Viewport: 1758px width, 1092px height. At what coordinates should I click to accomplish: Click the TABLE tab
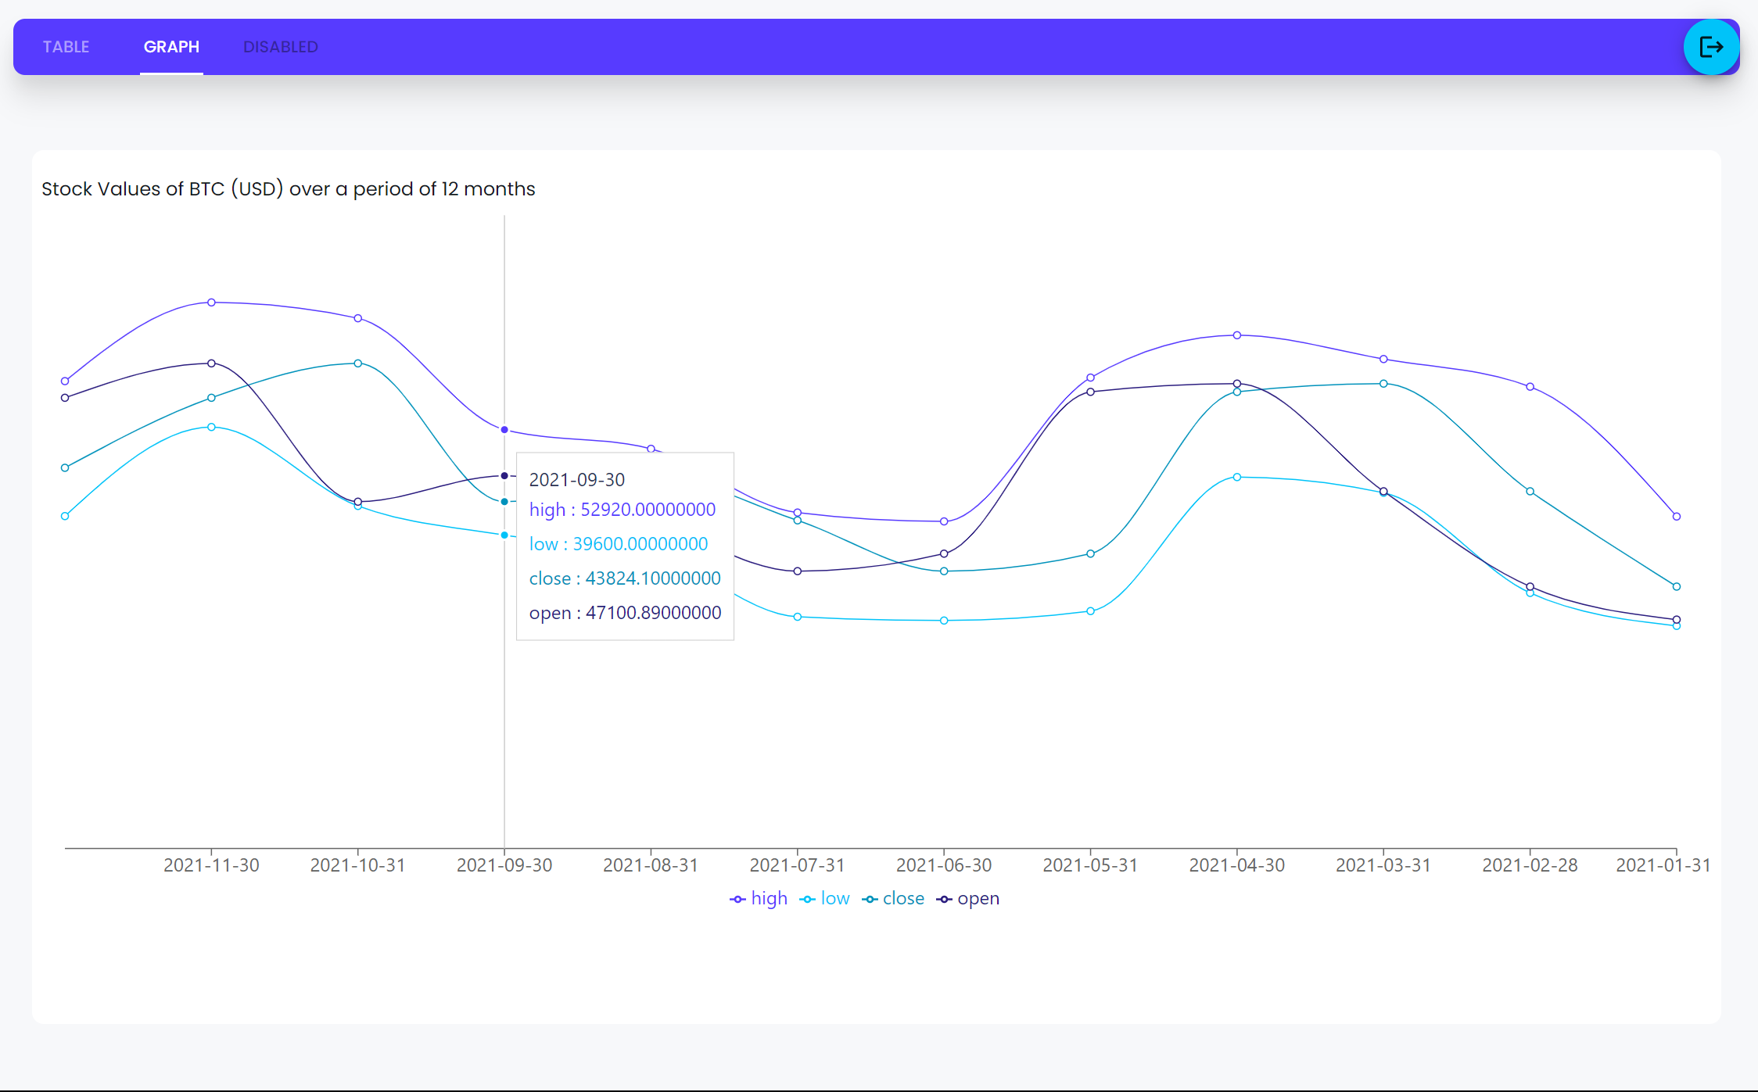click(x=66, y=47)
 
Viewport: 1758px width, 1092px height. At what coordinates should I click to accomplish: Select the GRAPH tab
click(x=171, y=47)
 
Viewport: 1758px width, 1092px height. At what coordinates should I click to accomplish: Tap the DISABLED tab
click(x=280, y=47)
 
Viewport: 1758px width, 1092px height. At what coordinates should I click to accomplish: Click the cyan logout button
click(x=1711, y=47)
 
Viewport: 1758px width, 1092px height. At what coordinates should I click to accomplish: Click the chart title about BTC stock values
click(x=288, y=189)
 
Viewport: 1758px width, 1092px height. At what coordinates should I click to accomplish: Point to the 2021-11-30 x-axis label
click(x=211, y=865)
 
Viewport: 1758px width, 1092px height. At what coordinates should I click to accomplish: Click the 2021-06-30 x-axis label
click(x=943, y=865)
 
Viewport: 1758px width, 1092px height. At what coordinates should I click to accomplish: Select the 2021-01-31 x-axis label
click(x=1663, y=865)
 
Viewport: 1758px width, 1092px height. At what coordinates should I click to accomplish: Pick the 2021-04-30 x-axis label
click(x=1236, y=865)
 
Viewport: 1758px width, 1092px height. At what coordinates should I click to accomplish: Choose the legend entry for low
click(x=825, y=899)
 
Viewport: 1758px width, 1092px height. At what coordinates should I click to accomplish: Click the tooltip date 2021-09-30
click(x=576, y=480)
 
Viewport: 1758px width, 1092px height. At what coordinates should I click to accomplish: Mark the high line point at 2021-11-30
click(x=211, y=303)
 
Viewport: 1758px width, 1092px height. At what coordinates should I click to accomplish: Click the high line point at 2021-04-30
click(x=1236, y=335)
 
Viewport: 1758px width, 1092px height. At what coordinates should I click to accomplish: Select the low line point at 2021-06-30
click(x=944, y=621)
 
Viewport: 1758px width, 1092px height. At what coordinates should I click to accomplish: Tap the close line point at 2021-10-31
click(x=357, y=363)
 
